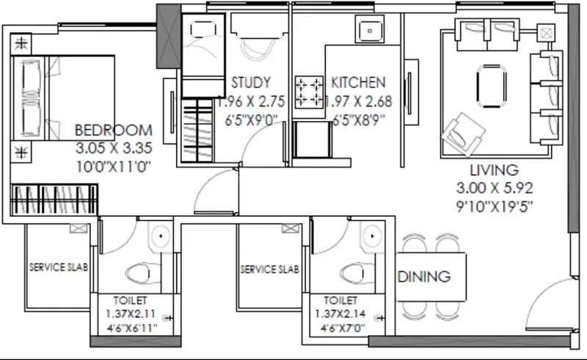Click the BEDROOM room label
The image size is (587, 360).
tap(114, 131)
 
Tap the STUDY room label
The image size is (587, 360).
tap(251, 83)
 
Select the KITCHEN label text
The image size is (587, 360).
tap(358, 83)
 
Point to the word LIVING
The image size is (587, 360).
tap(494, 170)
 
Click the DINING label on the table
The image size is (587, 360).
tap(424, 276)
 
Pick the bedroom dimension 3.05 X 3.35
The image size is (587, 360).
tap(114, 148)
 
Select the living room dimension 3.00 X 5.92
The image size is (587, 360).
tap(494, 188)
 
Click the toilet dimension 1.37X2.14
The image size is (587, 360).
tap(340, 314)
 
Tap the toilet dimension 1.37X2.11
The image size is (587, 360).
tap(131, 314)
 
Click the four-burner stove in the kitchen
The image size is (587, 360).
tap(309, 92)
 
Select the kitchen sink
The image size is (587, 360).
tap(370, 30)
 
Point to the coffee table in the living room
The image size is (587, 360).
tap(492, 86)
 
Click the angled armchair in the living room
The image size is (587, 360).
tap(463, 134)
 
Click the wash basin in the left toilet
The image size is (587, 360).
tap(161, 237)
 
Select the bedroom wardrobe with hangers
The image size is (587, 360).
tap(54, 200)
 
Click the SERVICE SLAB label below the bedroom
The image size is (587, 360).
tap(59, 267)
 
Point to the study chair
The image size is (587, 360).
tap(258, 48)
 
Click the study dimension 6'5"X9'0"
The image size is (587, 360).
tap(252, 120)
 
